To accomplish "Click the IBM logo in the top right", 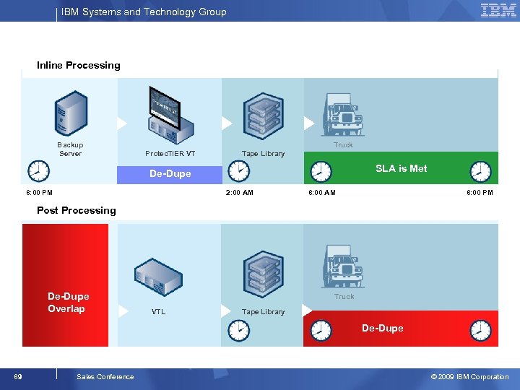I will [x=498, y=11].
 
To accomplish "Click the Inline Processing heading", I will [x=79, y=66].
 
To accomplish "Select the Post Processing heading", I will [x=76, y=211].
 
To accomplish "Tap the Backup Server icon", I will [x=71, y=114].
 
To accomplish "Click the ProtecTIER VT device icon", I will [x=170, y=116].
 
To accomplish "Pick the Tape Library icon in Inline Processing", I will [x=263, y=116].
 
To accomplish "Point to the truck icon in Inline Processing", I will [x=343, y=116].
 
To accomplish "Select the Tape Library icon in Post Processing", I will [x=263, y=274].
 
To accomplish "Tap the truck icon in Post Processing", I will [x=344, y=266].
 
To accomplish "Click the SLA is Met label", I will [x=401, y=169].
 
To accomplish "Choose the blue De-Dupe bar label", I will [x=170, y=174].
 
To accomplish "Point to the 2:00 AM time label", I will [x=239, y=193].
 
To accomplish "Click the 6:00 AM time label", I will [x=321, y=193].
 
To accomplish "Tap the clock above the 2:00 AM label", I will [x=238, y=171].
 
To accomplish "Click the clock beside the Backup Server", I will [x=38, y=171].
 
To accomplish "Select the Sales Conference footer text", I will [x=105, y=376].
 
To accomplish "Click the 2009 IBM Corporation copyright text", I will [x=469, y=376].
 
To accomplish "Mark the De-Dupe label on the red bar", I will [x=382, y=329].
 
